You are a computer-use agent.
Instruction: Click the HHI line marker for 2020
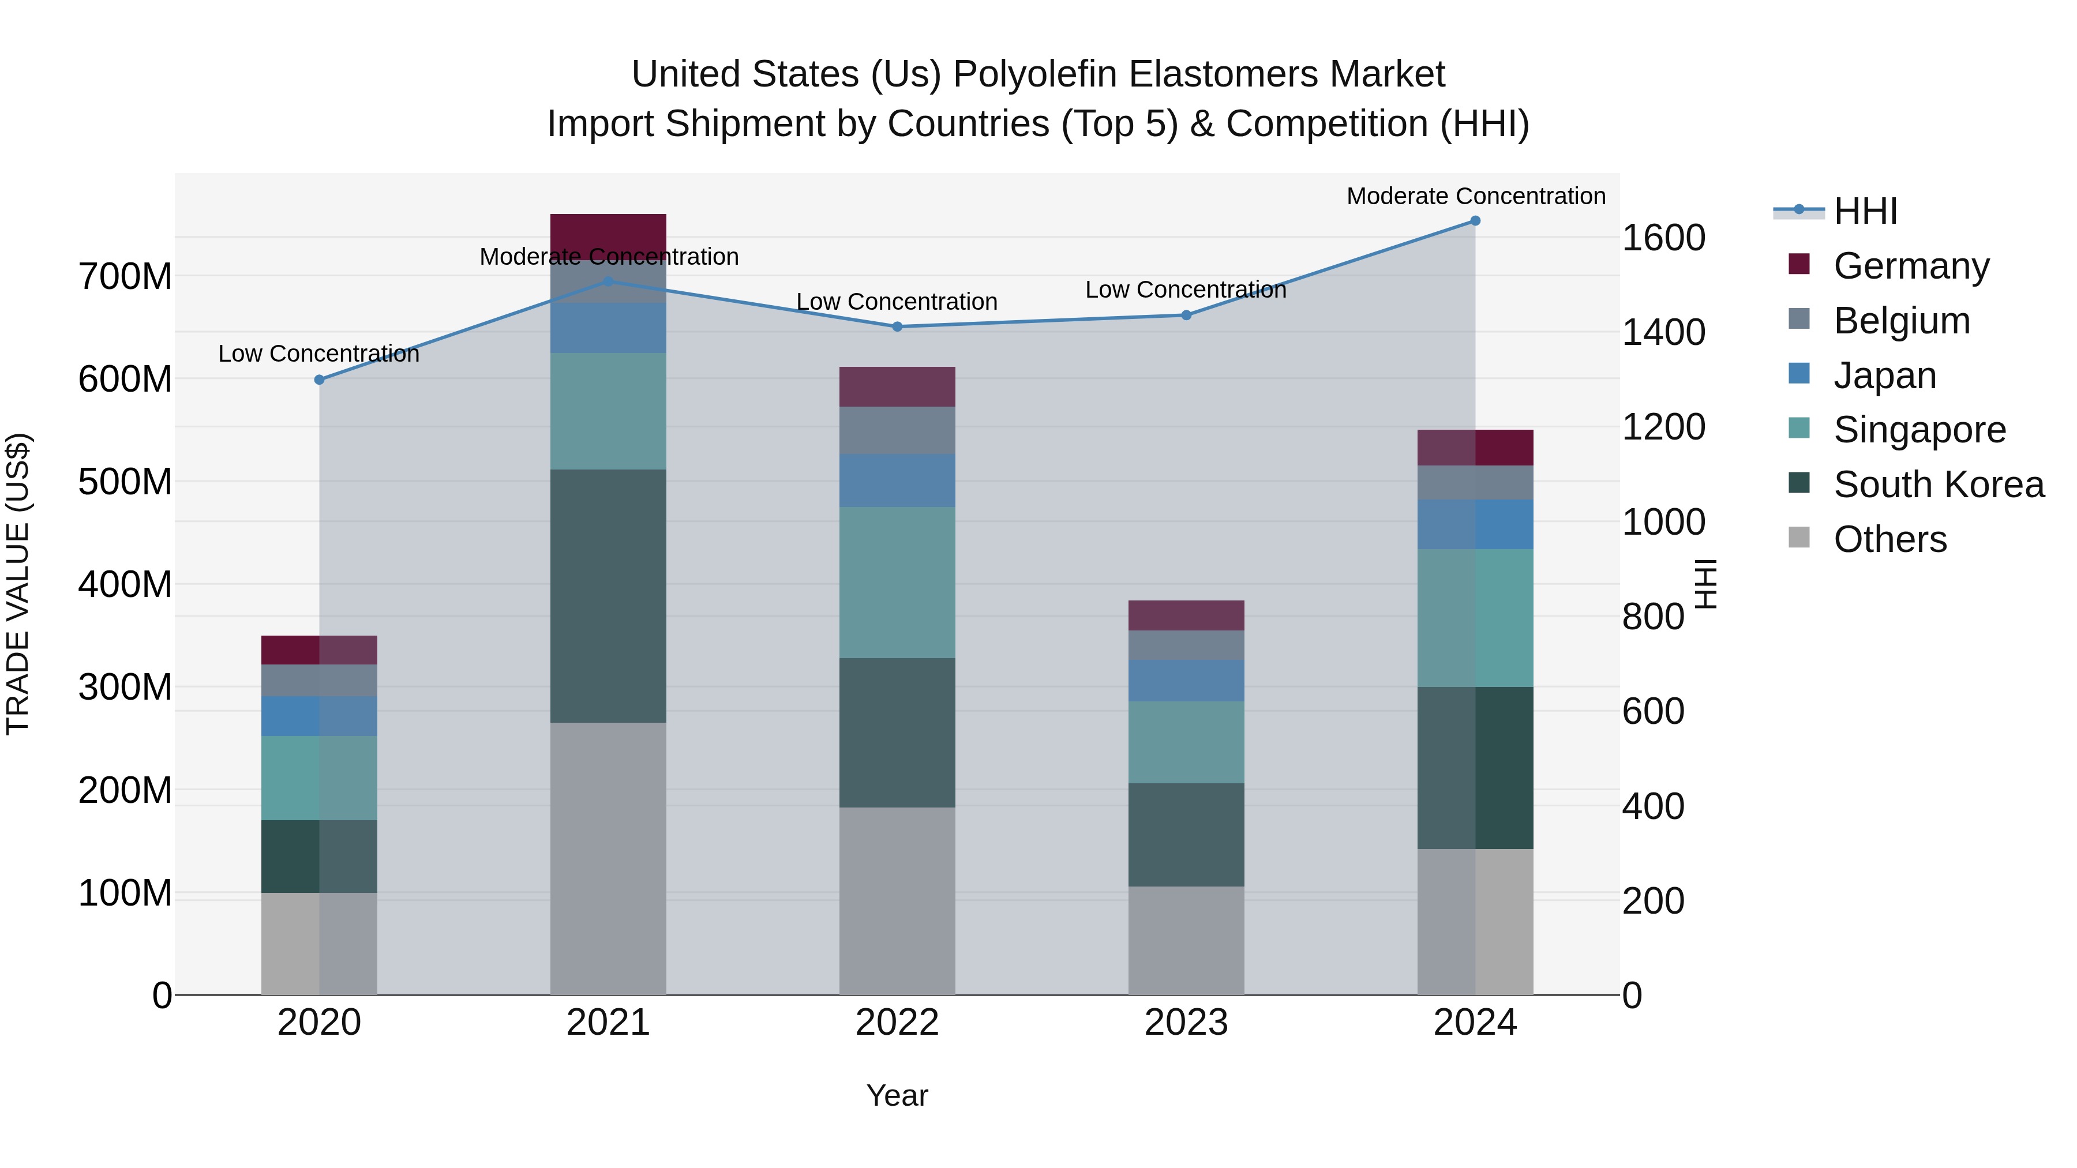[x=319, y=380]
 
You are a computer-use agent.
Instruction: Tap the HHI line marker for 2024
[x=1475, y=221]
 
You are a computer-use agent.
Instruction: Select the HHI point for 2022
[x=897, y=326]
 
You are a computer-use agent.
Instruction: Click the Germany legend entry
[x=1911, y=265]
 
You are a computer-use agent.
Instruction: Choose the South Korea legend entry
[x=1939, y=485]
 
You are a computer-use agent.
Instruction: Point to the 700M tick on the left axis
[x=125, y=276]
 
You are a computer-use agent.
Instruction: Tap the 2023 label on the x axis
[x=1186, y=1023]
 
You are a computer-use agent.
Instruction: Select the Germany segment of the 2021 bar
[x=608, y=234]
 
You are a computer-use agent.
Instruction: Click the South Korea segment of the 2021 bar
[x=608, y=596]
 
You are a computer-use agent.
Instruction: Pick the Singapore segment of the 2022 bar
[x=897, y=582]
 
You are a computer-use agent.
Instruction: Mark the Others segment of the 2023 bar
[x=1186, y=941]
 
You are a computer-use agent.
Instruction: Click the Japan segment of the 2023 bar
[x=1186, y=681]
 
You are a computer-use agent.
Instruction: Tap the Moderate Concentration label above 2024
[x=1475, y=196]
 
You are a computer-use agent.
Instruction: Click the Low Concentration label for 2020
[x=319, y=354]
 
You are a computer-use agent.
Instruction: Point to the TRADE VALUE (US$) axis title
[x=18, y=584]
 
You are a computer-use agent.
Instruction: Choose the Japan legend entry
[x=1884, y=375]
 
